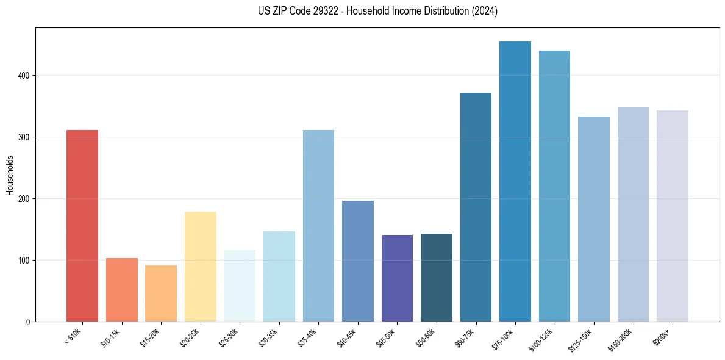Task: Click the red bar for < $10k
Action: point(82,226)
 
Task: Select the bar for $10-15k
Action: point(121,290)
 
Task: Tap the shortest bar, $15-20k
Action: point(161,293)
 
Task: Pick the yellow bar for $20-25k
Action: point(201,267)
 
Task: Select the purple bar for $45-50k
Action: point(397,278)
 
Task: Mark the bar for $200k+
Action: point(673,216)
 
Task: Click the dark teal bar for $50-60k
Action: point(437,278)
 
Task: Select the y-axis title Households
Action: point(10,175)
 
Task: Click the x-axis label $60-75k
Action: point(466,336)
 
